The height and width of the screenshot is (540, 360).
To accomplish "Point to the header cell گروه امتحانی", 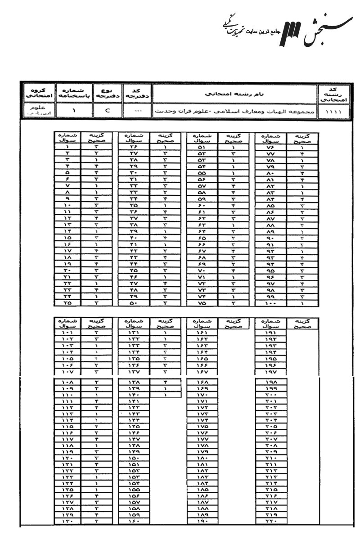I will pos(38,94).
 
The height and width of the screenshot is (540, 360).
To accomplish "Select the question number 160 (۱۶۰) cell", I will pos(134,521).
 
